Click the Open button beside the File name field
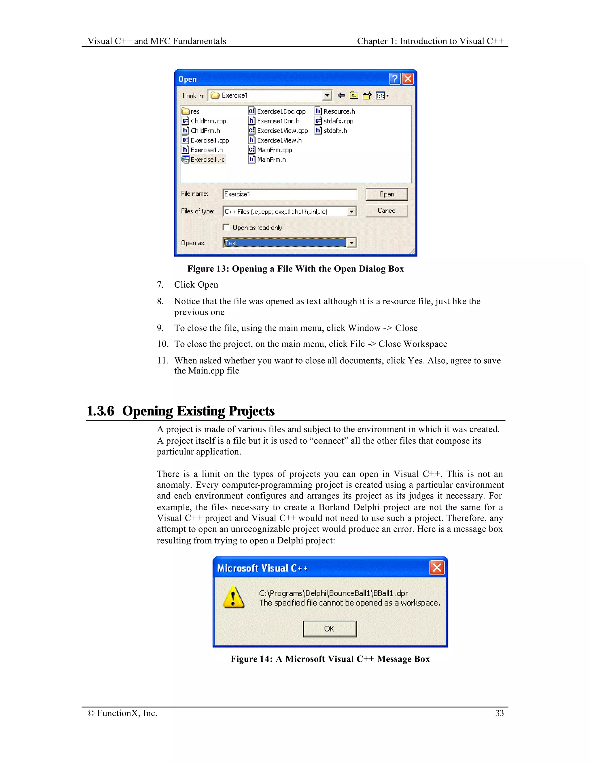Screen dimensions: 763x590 pyautogui.click(x=386, y=194)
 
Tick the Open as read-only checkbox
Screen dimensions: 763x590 pyautogui.click(x=226, y=227)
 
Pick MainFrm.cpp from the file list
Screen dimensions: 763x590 pyautogui.click(x=274, y=150)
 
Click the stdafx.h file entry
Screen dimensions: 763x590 pyautogui.click(x=335, y=131)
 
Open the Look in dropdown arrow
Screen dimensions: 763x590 pyautogui.click(x=327, y=95)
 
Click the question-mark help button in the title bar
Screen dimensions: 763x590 pyautogui.click(x=395, y=79)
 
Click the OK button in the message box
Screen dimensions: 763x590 pyautogui.click(x=330, y=629)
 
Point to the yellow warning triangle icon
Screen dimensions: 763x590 pyautogui.click(x=233, y=597)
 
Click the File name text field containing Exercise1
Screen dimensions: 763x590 pyautogui.click(x=290, y=194)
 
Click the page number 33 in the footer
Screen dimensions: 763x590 pyautogui.click(x=500, y=713)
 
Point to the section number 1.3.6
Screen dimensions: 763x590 pyautogui.click(x=100, y=411)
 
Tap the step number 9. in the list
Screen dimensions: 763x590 pyautogui.click(x=160, y=328)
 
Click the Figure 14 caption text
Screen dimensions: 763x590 pyautogui.click(x=330, y=659)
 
